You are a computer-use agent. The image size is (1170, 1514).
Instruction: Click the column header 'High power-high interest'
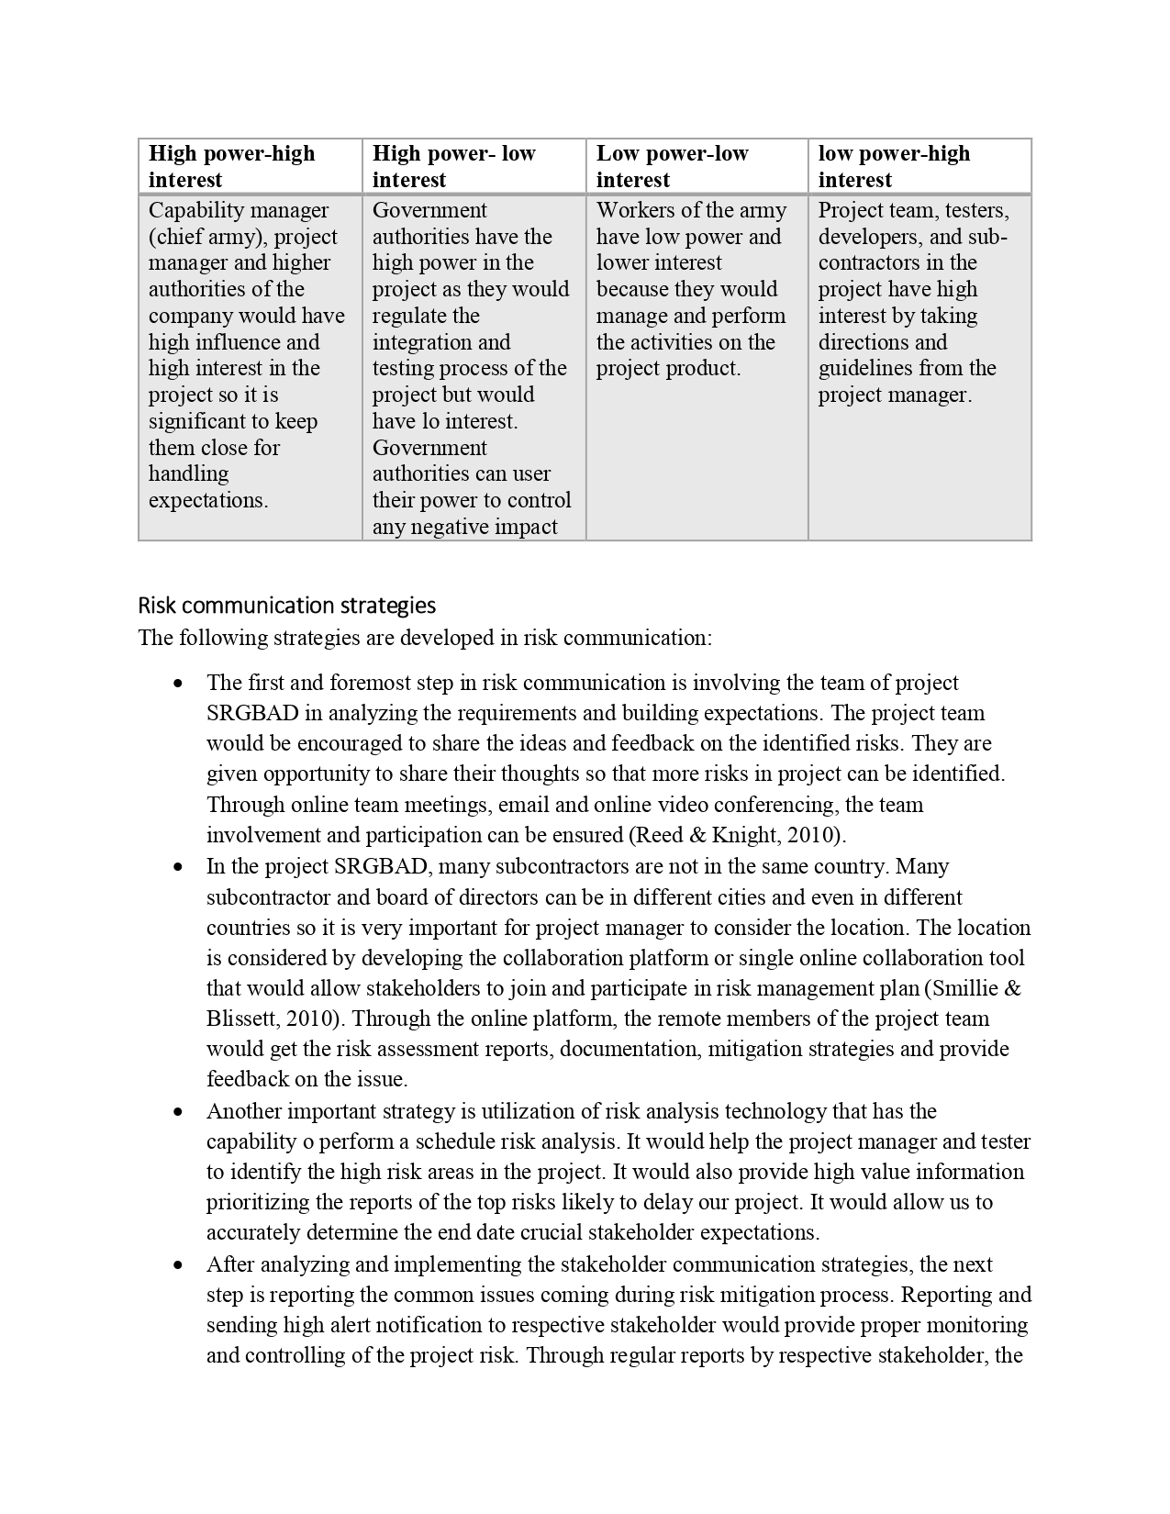231,166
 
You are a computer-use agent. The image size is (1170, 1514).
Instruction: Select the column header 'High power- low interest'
453,166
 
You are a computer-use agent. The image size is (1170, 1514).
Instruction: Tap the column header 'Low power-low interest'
672,166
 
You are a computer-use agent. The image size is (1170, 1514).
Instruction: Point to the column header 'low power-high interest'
894,166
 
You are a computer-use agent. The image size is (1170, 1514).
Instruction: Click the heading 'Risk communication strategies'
286,606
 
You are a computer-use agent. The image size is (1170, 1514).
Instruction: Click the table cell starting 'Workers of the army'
691,289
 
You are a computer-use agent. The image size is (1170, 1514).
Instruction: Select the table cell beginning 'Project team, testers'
913,303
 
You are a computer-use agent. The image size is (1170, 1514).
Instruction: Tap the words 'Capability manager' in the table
239,210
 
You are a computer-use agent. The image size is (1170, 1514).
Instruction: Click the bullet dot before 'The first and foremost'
179,684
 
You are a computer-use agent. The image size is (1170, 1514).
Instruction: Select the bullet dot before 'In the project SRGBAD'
179,867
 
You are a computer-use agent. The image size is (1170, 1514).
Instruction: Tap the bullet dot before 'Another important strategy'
179,1112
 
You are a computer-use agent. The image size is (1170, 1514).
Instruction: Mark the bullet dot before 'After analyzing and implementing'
179,1265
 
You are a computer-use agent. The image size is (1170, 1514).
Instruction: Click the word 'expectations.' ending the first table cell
208,501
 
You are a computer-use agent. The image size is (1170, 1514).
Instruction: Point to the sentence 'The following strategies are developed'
424,638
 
